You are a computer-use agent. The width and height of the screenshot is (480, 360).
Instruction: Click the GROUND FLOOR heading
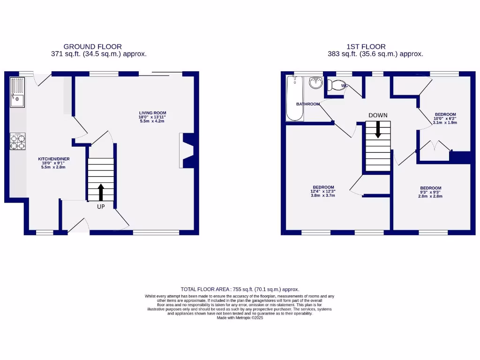point(92,46)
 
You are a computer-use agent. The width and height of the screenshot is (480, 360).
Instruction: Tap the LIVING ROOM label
point(152,113)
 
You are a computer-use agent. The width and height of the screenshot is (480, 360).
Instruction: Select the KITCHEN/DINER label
point(53,159)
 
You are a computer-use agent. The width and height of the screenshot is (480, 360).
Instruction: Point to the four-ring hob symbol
point(17,142)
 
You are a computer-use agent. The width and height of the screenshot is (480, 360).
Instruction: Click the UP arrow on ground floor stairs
point(101,192)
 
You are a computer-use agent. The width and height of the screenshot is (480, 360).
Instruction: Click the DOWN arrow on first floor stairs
point(378,130)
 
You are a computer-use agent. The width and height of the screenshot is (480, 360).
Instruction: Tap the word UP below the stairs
point(101,207)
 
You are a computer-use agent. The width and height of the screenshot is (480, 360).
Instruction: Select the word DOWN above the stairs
point(378,115)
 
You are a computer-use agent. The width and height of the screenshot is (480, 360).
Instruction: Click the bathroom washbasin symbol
point(316,83)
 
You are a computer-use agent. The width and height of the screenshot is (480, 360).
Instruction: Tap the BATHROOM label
point(308,104)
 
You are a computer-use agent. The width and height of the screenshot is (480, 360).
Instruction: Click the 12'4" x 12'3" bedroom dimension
point(323,191)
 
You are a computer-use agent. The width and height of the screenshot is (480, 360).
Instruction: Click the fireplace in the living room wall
point(187,150)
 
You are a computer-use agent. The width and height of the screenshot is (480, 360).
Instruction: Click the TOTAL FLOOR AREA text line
point(240,289)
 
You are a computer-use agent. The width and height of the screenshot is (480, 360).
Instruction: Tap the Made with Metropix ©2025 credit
point(240,318)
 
